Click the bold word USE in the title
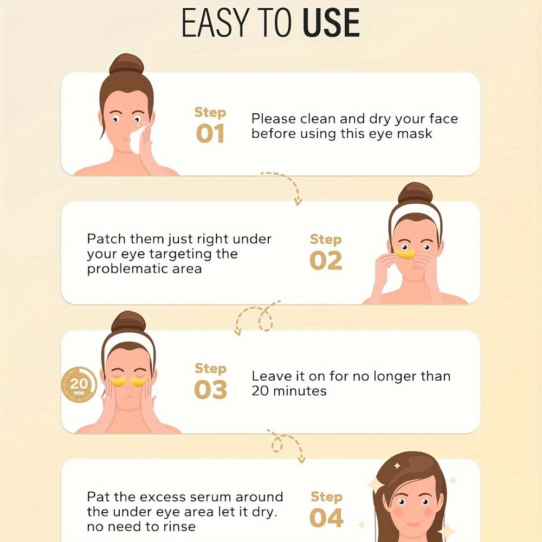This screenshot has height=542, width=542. tap(331, 23)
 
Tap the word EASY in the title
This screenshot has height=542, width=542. tap(215, 23)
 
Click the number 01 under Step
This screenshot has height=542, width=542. tap(210, 134)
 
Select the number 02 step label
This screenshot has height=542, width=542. tap(326, 261)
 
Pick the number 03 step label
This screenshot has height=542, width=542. tap(210, 390)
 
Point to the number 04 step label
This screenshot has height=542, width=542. tap(326, 518)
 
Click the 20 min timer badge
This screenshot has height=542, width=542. tap(79, 385)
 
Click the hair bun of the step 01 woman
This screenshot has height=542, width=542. tap(126, 64)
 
